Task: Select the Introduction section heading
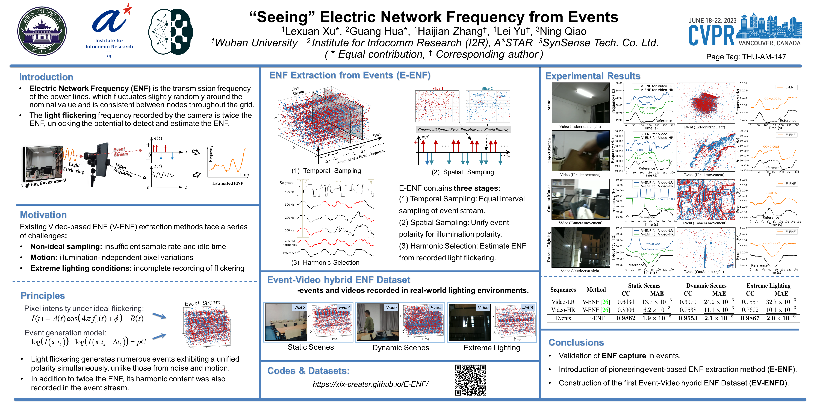tap(46, 77)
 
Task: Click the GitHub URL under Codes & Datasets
tap(370, 384)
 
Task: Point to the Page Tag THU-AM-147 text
tap(746, 57)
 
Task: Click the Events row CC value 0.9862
tap(626, 318)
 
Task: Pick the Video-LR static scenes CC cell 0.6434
tap(626, 302)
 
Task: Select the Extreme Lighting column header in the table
tap(768, 286)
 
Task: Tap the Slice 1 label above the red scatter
tap(438, 89)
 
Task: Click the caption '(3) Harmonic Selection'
tap(325, 263)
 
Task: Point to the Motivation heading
tap(43, 215)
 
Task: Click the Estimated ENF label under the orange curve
tap(228, 183)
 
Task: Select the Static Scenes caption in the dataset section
tap(310, 347)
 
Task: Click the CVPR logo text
tap(711, 36)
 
